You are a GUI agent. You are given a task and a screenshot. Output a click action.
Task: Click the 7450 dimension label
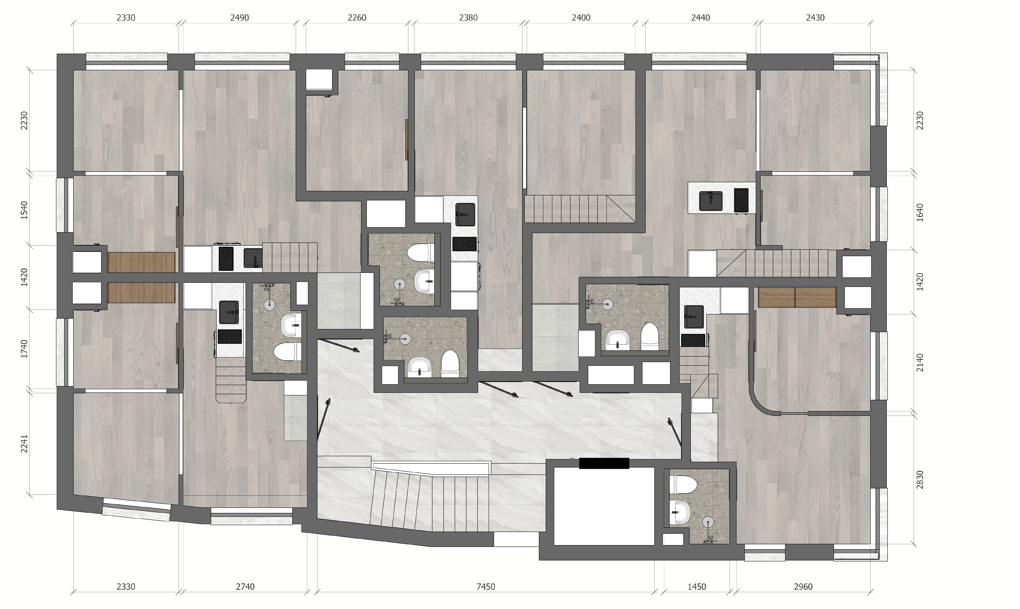click(x=486, y=587)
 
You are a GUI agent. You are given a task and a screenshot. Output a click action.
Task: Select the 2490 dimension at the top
click(x=239, y=18)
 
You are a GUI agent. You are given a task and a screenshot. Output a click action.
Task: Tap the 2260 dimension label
click(x=357, y=18)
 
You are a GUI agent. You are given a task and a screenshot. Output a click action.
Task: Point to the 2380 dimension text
click(x=468, y=18)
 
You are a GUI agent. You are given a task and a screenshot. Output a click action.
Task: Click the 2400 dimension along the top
click(x=581, y=18)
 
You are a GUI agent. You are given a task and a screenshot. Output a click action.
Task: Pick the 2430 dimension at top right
click(x=815, y=18)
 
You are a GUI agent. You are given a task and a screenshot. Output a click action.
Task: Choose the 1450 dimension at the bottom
click(x=697, y=587)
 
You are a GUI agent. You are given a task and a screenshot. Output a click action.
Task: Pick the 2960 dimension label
click(x=803, y=587)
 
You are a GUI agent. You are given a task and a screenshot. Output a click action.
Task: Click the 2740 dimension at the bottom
click(x=245, y=587)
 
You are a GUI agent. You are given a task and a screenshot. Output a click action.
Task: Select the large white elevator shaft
click(x=604, y=506)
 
